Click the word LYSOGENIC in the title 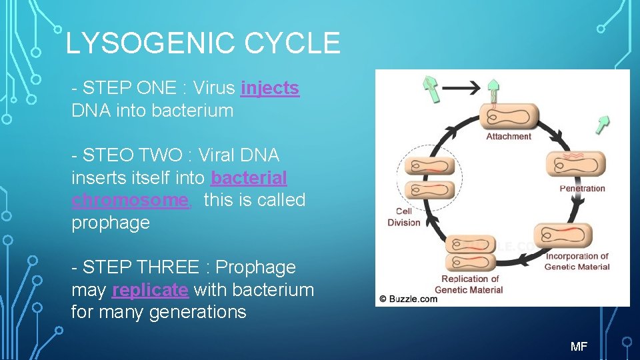[x=150, y=44]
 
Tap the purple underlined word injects [x=270, y=89]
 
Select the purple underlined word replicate [x=150, y=290]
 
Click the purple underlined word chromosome [x=130, y=200]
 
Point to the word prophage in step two [x=111, y=223]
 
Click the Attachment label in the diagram [x=509, y=137]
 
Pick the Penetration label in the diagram [x=582, y=189]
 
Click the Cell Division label [x=404, y=217]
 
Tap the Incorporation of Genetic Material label [x=577, y=261]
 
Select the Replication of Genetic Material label [x=469, y=284]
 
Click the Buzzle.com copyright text [x=408, y=299]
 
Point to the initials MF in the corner [x=579, y=346]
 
